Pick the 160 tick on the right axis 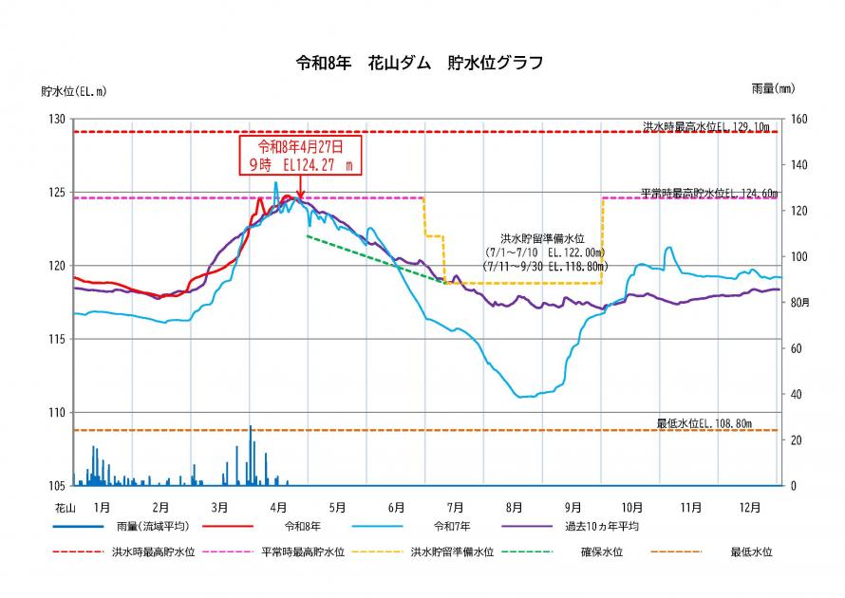pos(798,119)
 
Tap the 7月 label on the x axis pos(456,507)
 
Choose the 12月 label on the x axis pos(751,507)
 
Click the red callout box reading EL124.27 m pos(300,155)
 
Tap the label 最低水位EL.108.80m pos(717,422)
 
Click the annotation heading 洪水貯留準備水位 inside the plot pos(541,239)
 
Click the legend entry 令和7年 pos(453,525)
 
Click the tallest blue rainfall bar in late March pos(251,456)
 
